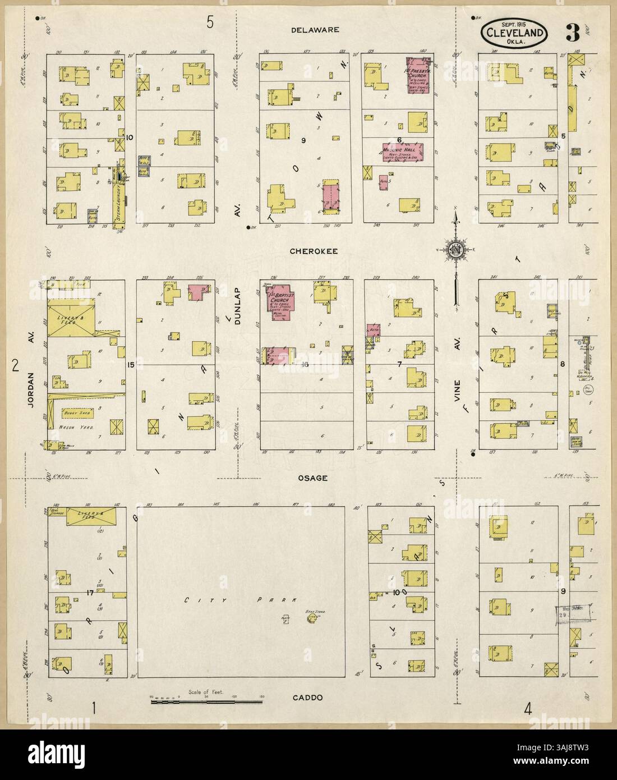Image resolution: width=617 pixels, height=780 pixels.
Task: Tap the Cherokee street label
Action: pyautogui.click(x=313, y=251)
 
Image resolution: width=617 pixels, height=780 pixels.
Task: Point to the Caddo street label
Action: pyautogui.click(x=308, y=698)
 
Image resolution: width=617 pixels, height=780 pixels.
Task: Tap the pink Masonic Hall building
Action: pyautogui.click(x=402, y=152)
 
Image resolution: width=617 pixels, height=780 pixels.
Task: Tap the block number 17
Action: pyautogui.click(x=89, y=593)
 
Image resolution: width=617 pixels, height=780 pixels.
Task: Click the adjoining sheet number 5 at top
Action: pyautogui.click(x=210, y=22)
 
